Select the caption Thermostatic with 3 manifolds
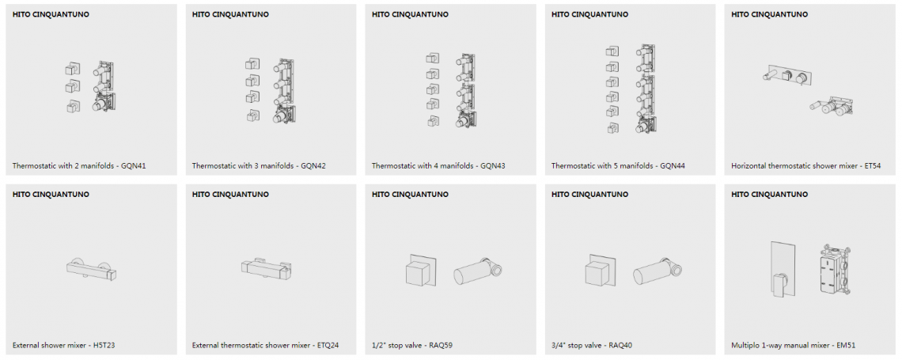[x=241, y=166]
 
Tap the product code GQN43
[x=493, y=166]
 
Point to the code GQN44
[x=673, y=166]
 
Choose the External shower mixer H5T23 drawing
[x=92, y=268]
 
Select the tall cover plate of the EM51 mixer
[x=783, y=268]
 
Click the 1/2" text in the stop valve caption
[x=378, y=346]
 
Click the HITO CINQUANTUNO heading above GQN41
[x=51, y=14]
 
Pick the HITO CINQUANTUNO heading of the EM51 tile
[x=769, y=195]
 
